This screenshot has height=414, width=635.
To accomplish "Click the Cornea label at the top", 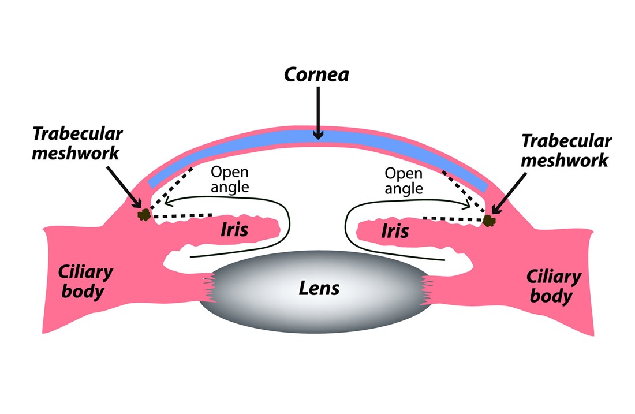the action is click(316, 75).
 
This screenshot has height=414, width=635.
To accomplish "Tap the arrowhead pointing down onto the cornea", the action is click(318, 135).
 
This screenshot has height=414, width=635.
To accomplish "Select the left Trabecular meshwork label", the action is click(77, 143).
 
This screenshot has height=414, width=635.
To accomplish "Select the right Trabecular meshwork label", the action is click(566, 150).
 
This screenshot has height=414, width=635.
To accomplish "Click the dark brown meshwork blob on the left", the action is click(144, 215).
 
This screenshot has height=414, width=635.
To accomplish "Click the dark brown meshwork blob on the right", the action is click(489, 221).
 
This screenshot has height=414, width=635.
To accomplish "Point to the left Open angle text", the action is click(230, 180).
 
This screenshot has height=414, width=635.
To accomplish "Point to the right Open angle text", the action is click(404, 181).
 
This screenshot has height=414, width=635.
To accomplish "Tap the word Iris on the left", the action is click(234, 229).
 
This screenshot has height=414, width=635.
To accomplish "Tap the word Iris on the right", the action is click(395, 231).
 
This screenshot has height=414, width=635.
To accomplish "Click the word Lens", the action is click(319, 289).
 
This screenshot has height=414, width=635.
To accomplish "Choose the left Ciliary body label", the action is click(85, 282).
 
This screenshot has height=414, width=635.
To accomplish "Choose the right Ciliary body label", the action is click(553, 286).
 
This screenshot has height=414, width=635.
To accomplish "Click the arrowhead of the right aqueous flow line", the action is click(466, 203).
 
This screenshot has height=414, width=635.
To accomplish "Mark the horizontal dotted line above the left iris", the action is click(182, 216).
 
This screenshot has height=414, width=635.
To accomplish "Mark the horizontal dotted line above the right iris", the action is click(453, 219).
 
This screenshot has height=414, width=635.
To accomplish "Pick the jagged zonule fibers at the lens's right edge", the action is click(427, 290).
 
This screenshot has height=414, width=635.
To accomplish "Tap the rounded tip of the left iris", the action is click(277, 230).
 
